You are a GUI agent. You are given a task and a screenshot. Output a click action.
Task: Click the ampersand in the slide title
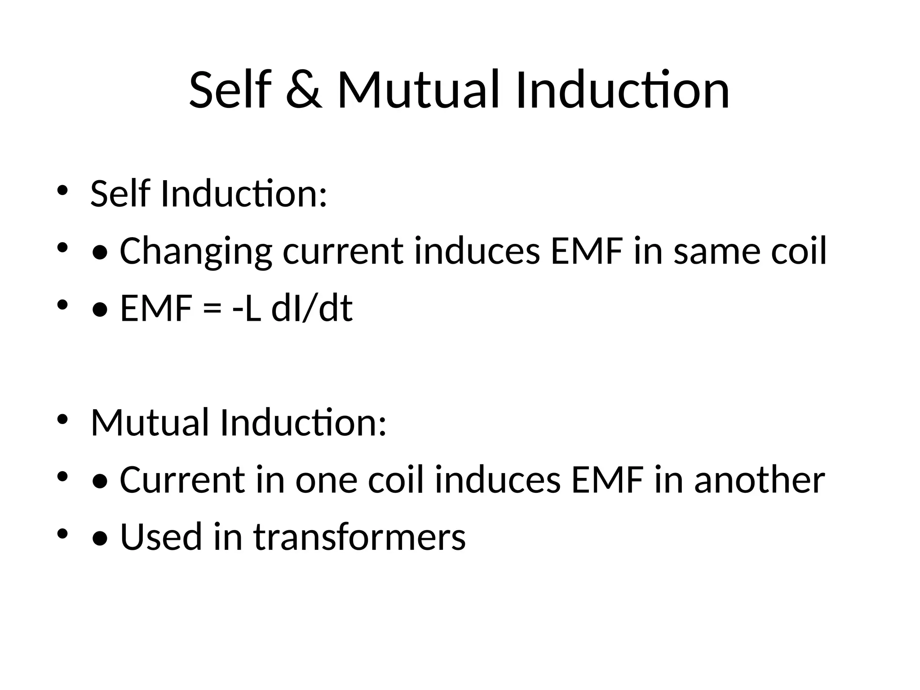pyautogui.click(x=304, y=90)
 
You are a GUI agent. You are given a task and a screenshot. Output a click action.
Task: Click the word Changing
pyautogui.click(x=196, y=252)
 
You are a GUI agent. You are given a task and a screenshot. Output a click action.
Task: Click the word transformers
pyautogui.click(x=360, y=537)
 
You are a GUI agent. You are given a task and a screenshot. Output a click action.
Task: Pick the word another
pyautogui.click(x=760, y=480)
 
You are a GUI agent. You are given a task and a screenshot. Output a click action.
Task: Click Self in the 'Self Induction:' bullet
pyautogui.click(x=120, y=194)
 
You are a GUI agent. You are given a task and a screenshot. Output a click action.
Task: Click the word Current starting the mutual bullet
pyautogui.click(x=182, y=480)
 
